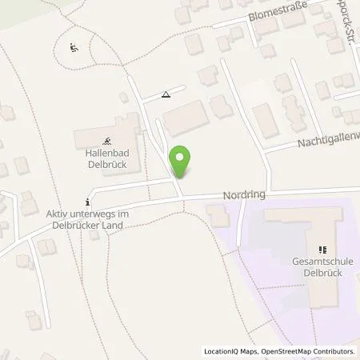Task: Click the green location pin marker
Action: tap(182, 161)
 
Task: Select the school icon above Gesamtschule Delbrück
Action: tap(324, 250)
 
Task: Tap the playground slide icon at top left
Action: tap(74, 48)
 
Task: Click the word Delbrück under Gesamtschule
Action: tap(324, 272)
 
